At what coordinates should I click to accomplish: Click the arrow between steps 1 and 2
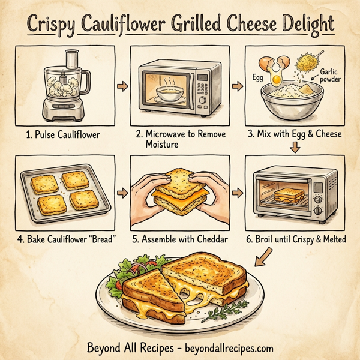[123, 88]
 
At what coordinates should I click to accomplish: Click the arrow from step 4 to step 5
[123, 193]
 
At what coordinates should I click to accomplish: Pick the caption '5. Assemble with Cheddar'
[180, 239]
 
